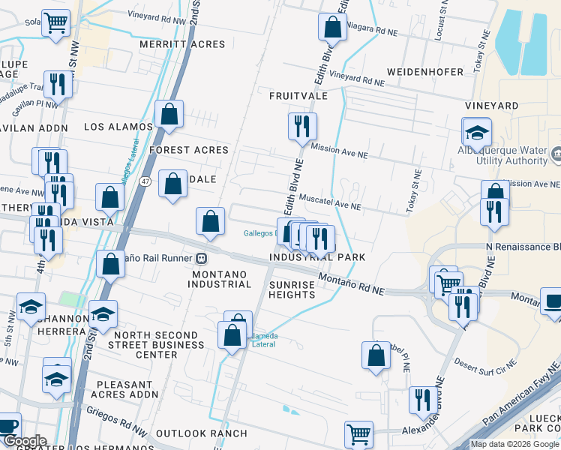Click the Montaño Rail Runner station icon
201,258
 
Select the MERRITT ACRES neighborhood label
182,44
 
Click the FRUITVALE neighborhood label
298,96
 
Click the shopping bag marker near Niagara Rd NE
332,28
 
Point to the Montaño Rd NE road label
351,283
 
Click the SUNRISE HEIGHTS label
292,289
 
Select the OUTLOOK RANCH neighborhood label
201,433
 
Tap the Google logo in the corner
24,441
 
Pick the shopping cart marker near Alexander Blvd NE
359,434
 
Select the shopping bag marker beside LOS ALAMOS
169,115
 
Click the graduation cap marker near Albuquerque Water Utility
476,133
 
